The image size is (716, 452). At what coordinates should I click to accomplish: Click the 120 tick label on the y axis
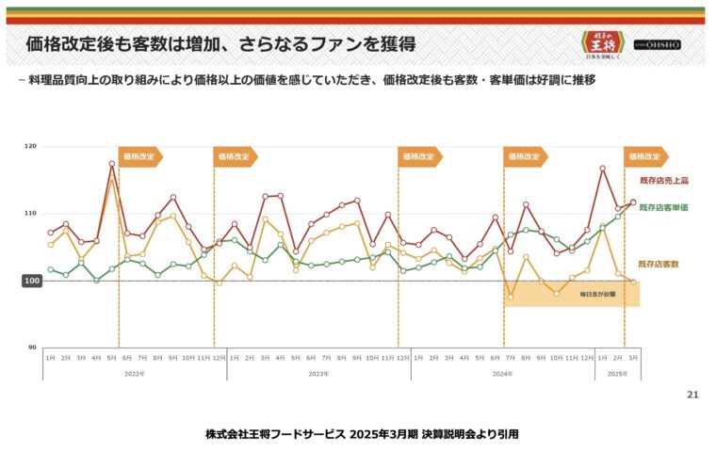point(31,147)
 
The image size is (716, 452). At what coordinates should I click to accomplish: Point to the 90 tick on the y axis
point(32,347)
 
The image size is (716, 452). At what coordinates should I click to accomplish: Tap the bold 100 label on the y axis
point(31,281)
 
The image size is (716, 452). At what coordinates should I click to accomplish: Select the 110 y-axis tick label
point(31,214)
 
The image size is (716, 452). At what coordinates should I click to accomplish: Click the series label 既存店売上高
point(664,180)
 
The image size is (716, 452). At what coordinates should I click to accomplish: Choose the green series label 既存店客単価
point(664,206)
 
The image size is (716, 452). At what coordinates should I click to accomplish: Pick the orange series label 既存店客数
point(659,265)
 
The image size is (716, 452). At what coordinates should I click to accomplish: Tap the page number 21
point(692,395)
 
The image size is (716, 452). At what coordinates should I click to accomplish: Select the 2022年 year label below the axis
point(134,374)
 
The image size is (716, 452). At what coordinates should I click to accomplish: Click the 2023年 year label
point(318,374)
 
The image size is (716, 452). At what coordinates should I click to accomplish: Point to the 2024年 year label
point(502,374)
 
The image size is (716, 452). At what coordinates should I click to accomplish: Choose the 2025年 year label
point(616,374)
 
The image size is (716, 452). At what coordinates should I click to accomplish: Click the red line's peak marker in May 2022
point(112,164)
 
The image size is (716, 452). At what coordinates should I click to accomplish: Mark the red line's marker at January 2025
point(602,169)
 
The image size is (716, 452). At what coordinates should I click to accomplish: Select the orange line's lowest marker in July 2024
point(511,297)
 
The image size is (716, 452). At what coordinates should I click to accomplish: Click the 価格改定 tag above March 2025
point(645,157)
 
